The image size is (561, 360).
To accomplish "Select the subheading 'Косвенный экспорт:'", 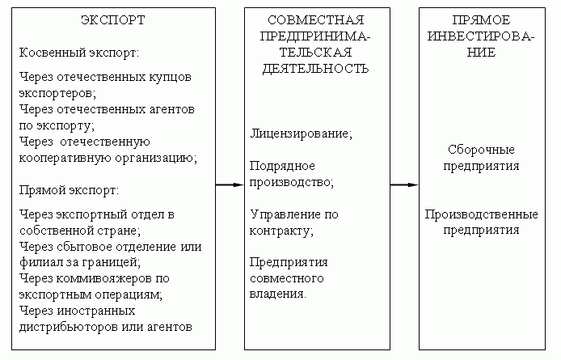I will [79, 52].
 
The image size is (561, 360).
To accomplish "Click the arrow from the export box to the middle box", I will [230, 185].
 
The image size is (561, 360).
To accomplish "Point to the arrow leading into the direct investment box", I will [404, 185].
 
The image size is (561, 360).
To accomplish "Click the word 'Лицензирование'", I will [300, 133].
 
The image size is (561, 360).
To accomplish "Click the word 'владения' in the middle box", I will [276, 294].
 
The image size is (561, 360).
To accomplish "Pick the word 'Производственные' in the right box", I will [482, 214].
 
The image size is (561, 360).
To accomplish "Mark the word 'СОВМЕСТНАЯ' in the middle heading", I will [316, 19].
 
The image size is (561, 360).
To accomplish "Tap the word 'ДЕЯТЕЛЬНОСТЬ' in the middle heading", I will [316, 69].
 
